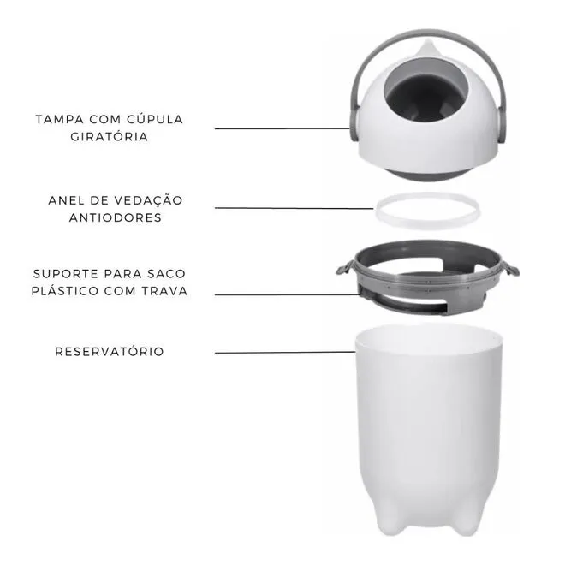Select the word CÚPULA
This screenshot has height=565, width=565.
coord(155,119)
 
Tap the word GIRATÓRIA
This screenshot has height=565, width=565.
coord(110,136)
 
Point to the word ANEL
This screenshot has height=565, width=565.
coord(66,200)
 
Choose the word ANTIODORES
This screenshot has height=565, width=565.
coord(116,218)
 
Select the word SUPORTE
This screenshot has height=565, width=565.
coord(66,274)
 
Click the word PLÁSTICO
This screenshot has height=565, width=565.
coord(65,290)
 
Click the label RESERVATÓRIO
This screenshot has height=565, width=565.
coord(110,351)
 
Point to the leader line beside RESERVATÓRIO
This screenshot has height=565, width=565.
coord(285,353)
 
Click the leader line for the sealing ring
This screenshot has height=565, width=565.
coord(294,208)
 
